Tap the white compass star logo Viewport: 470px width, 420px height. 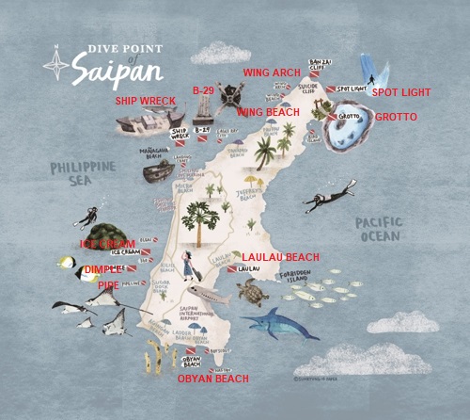58,64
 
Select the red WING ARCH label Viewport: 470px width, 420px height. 272,72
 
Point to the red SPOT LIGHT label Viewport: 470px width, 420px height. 401,93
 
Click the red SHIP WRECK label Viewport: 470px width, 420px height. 146,100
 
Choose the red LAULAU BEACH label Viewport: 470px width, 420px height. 280,257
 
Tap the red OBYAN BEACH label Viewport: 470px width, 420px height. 213,379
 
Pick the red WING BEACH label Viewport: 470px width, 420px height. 268,112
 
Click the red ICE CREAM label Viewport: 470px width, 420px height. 108,243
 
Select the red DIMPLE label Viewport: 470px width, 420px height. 102,269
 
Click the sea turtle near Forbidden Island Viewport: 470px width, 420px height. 252,294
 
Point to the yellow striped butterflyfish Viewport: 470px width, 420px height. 68,264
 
